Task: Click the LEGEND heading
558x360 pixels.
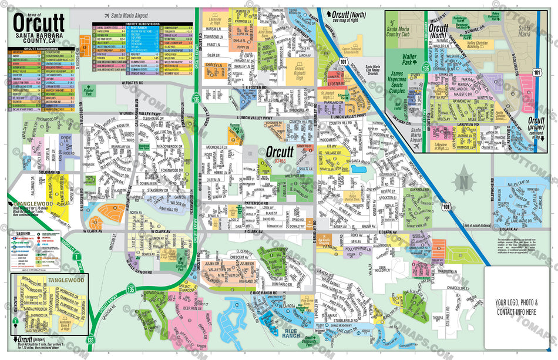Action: pos(24,233)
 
